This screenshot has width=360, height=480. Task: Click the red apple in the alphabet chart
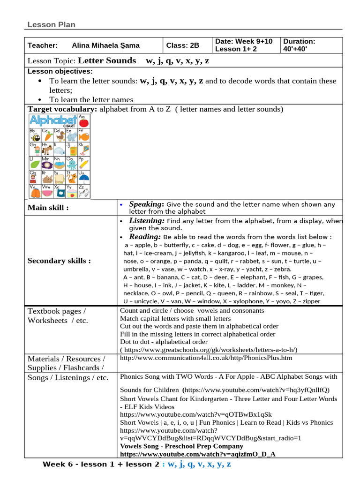[x=83, y=123]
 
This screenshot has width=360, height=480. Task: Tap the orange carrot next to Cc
[x=48, y=136]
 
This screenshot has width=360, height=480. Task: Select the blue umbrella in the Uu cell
[x=83, y=177]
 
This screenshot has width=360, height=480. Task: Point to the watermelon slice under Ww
[x=48, y=193]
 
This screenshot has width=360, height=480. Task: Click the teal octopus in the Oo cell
[x=72, y=164]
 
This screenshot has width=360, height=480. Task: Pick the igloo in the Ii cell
[x=60, y=150]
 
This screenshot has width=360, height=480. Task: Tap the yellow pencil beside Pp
[x=83, y=164]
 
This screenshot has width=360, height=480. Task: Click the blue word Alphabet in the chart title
[x=53, y=120]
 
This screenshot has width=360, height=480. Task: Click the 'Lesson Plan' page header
[x=51, y=25]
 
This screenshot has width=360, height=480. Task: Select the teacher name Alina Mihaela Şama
[x=105, y=45]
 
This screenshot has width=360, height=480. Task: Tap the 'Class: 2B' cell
[x=183, y=45]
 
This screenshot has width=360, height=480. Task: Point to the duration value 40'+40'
[x=293, y=49]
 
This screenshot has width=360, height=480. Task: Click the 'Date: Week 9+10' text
[x=243, y=42]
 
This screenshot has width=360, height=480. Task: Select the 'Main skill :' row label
[x=48, y=208]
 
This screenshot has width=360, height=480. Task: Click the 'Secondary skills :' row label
[x=59, y=261]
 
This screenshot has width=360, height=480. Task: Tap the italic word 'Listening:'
[x=147, y=220]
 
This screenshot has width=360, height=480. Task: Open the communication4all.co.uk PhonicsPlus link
[x=206, y=358]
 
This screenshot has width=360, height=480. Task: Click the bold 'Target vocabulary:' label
[x=62, y=109]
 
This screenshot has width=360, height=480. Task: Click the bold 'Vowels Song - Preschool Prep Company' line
[x=182, y=446]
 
